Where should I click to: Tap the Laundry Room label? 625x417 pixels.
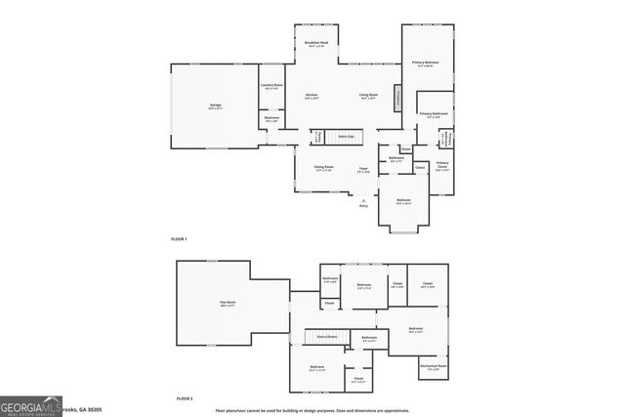click(x=271, y=86)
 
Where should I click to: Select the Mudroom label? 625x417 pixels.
click(x=271, y=119)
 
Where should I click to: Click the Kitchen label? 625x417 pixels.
click(x=312, y=96)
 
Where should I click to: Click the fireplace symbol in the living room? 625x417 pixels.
click(x=397, y=98)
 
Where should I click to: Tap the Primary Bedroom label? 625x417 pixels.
click(x=425, y=63)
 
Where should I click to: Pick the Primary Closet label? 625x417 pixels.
click(x=442, y=164)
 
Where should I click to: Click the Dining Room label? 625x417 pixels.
click(x=324, y=167)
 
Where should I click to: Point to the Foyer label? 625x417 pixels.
click(x=362, y=169)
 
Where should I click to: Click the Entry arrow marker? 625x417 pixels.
click(x=364, y=200)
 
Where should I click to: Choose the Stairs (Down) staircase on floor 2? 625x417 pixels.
click(x=326, y=337)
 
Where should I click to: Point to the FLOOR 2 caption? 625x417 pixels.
click(x=185, y=398)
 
